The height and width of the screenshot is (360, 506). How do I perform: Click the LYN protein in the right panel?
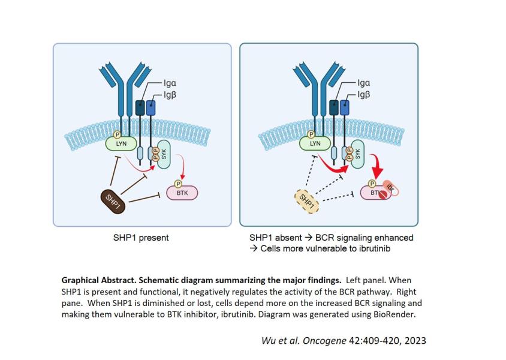[314, 144]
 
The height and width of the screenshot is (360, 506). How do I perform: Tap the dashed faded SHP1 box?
[308, 200]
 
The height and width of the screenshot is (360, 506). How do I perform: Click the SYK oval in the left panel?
[162, 155]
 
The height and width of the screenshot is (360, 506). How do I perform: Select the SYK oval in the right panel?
[357, 155]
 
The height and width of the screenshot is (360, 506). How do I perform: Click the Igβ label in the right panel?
[364, 94]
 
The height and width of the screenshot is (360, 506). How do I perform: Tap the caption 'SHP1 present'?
[141, 238]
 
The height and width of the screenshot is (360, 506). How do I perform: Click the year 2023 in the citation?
[414, 340]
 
